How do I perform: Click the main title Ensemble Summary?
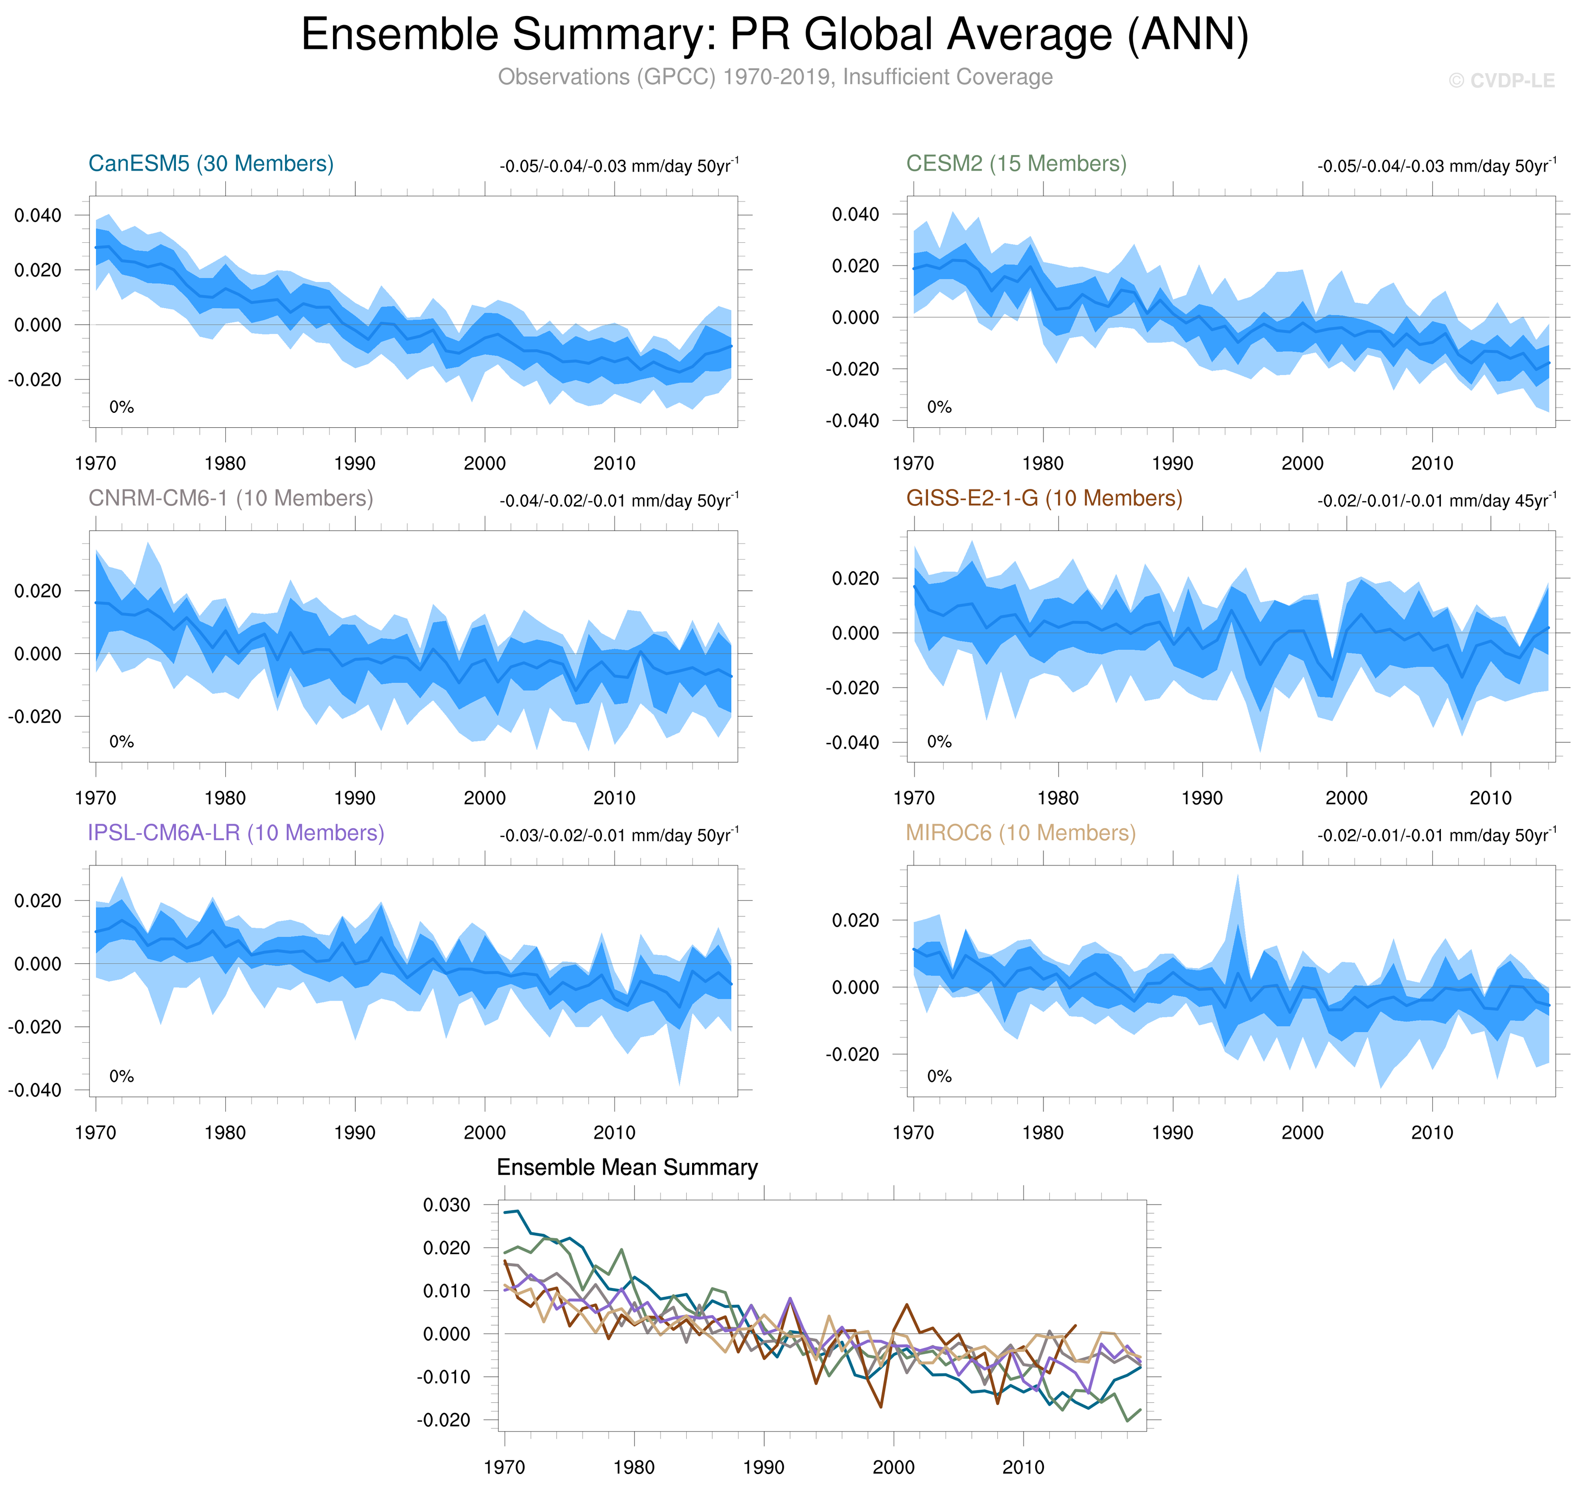point(774,35)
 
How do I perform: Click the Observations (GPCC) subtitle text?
point(774,77)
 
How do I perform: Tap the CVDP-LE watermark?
point(1500,81)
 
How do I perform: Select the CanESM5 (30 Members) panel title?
point(210,164)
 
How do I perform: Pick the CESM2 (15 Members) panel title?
point(1016,164)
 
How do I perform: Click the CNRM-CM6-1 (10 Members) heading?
point(230,498)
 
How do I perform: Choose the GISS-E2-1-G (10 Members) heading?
point(1043,498)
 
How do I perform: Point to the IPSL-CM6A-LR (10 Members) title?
point(236,832)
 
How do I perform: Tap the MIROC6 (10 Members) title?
point(1021,832)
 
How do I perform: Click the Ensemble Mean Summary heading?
point(627,1168)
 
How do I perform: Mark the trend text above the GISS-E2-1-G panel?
point(1436,501)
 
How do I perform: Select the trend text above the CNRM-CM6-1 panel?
point(619,501)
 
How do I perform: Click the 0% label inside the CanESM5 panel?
point(122,408)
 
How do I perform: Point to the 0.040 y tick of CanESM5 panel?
point(37,215)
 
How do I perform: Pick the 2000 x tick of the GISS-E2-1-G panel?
point(1346,798)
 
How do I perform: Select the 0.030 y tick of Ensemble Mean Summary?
point(446,1205)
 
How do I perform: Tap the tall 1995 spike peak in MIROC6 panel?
point(1237,875)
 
